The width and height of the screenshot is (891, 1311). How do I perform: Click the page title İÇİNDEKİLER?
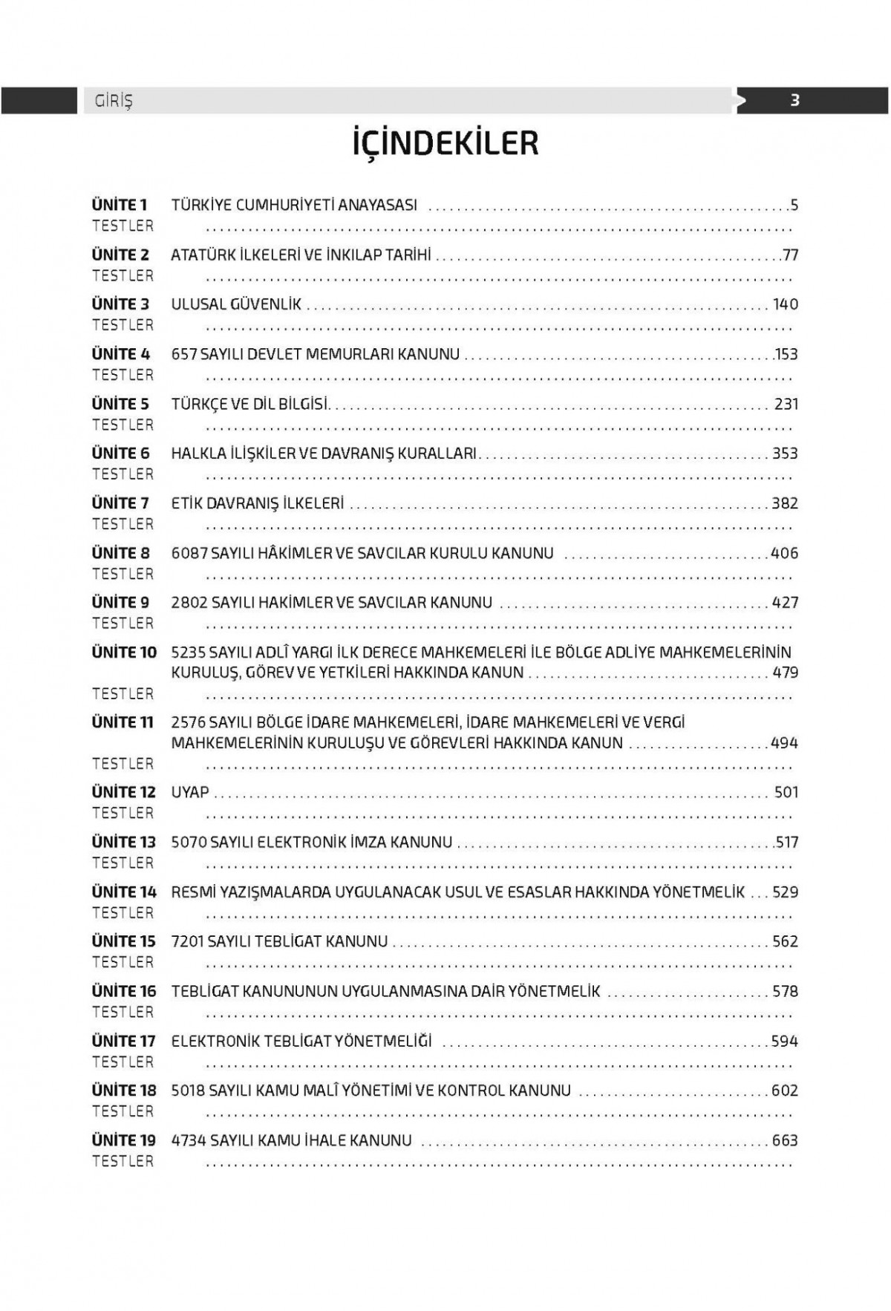point(446,143)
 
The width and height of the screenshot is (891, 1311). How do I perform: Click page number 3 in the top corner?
point(794,100)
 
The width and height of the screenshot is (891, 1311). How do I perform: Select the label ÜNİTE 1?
point(120,205)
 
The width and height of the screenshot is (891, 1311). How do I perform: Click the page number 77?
point(790,255)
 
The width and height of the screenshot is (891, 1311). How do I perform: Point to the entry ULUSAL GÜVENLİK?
point(236,304)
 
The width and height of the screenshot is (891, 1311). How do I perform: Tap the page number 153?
point(786,355)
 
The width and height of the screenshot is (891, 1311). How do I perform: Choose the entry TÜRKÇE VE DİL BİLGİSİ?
point(250,405)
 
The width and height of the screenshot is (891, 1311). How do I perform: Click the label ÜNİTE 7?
point(120,503)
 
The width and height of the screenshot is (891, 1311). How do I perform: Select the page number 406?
point(784,553)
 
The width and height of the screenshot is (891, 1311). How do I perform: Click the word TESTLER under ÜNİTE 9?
point(123,624)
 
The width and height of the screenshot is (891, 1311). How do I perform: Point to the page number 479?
point(785,673)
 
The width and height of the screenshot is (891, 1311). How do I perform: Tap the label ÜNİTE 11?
point(123,722)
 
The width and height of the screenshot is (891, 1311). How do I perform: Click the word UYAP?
point(190,793)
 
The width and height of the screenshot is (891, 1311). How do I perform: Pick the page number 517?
point(786,843)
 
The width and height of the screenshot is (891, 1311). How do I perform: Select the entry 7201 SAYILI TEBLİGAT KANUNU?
point(279,942)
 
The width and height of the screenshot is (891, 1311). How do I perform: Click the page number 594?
point(784,1042)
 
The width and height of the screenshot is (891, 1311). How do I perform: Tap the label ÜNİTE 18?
point(124,1091)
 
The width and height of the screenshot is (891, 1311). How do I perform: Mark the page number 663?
point(784,1141)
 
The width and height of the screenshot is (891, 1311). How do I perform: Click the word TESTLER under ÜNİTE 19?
point(123,1162)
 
